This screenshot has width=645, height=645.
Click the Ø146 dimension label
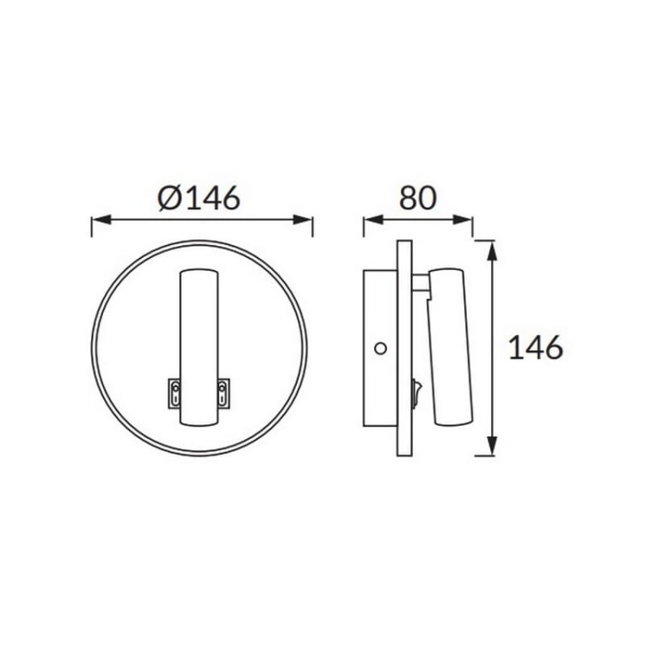(199, 198)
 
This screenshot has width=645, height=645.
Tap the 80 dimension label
(417, 198)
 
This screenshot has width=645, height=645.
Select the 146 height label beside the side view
(535, 347)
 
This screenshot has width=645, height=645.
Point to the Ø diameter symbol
(169, 199)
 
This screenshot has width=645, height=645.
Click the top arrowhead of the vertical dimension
(491, 249)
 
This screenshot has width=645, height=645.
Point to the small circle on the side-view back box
(381, 348)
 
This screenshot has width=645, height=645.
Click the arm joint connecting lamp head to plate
(421, 283)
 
